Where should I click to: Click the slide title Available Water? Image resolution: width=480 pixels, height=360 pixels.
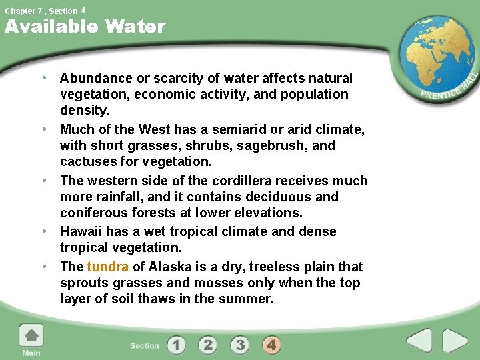(85, 27)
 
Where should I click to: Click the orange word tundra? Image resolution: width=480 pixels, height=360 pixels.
(107, 267)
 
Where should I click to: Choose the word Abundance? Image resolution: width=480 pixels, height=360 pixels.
(95, 78)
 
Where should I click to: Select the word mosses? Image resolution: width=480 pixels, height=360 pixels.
(206, 283)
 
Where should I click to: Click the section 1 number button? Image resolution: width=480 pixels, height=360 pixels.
(176, 345)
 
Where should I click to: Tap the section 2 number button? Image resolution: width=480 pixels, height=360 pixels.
(208, 345)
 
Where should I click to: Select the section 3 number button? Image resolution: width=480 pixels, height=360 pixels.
(240, 345)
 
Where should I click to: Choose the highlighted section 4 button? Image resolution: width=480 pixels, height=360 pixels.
(271, 345)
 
